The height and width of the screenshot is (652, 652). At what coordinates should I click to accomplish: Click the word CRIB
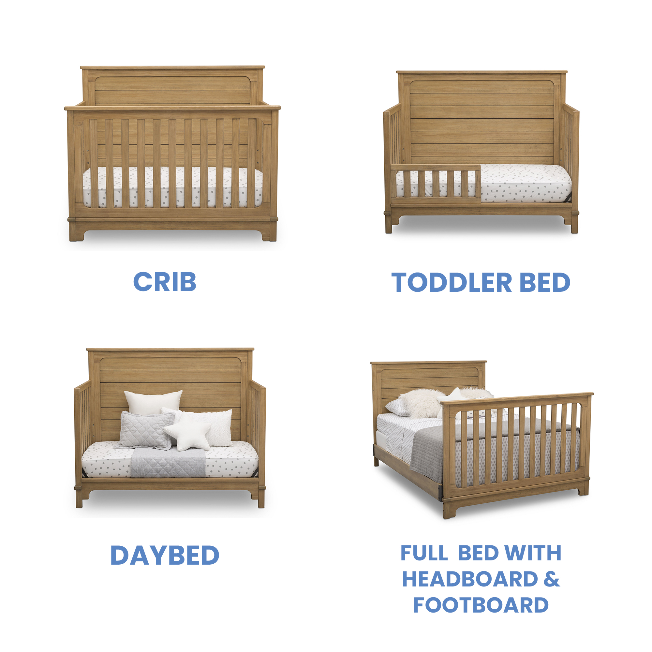165,282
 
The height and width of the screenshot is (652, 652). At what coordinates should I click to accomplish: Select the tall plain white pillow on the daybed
153,402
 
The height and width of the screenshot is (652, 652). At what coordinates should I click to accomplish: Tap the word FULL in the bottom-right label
424,553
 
